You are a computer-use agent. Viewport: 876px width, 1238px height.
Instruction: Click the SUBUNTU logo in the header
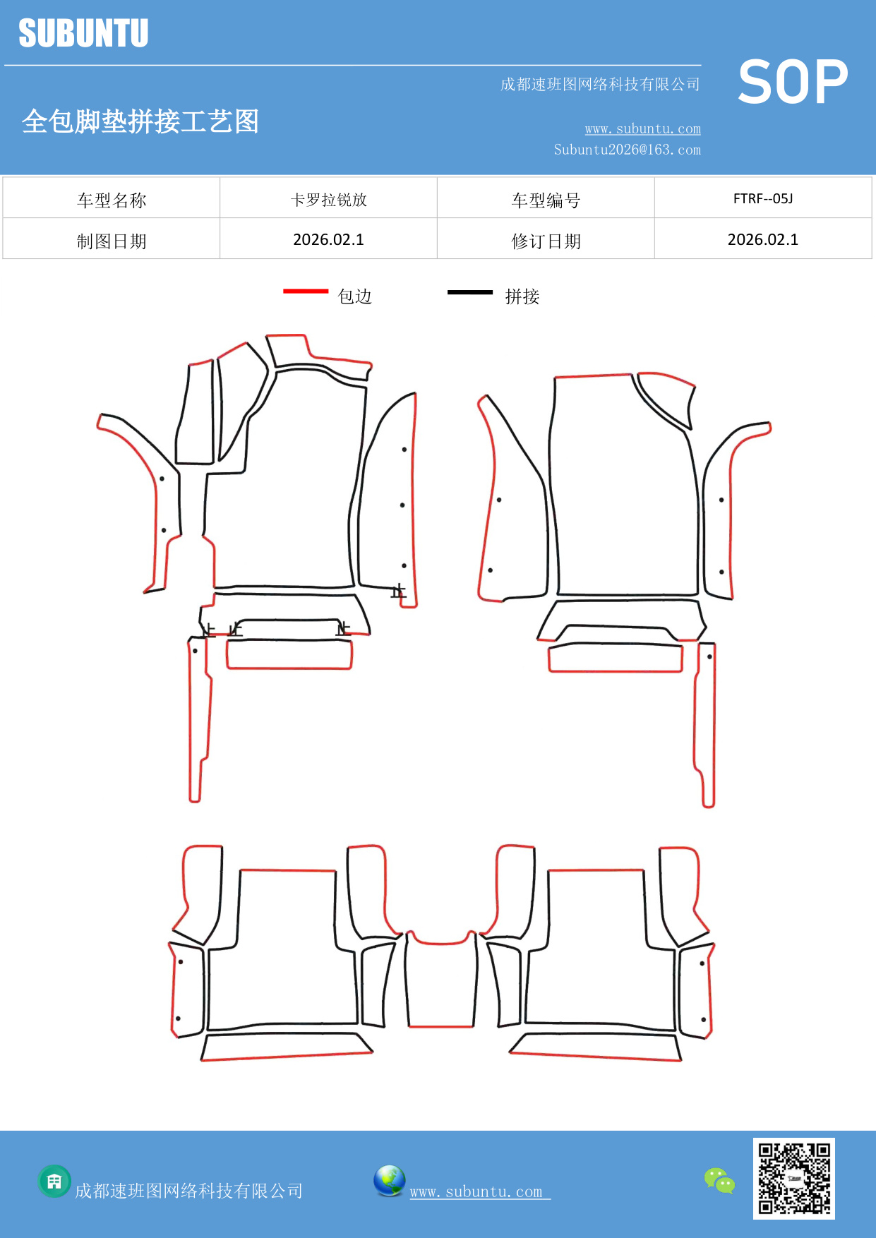(83, 33)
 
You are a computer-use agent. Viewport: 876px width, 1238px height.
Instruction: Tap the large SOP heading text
(793, 82)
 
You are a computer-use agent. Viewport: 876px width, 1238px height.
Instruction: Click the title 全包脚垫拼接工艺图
(140, 121)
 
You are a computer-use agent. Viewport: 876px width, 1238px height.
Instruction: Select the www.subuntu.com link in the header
(642, 128)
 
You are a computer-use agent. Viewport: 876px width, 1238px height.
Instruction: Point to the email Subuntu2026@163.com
(627, 150)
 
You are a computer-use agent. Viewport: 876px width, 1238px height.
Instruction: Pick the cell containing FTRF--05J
(763, 198)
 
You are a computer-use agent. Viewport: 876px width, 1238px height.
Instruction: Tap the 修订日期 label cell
(546, 239)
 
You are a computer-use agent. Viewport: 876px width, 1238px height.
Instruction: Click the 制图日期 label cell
(112, 239)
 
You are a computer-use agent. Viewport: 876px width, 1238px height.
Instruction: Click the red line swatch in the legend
(306, 291)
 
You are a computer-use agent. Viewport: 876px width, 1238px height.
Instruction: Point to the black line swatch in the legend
(470, 292)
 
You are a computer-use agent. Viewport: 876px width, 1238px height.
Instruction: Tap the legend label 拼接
(522, 296)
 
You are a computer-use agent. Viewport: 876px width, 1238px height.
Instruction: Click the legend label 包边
(355, 296)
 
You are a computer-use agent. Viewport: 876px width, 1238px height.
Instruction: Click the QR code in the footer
(794, 1178)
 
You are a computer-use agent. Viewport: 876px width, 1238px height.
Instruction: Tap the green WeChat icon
(719, 1180)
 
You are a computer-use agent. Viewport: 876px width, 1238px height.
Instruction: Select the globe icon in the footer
(389, 1181)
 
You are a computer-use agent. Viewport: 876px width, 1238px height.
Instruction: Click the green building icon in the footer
(54, 1181)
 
